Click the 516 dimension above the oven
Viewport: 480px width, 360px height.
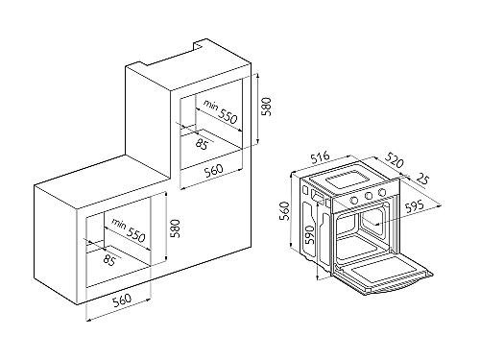click(x=319, y=158)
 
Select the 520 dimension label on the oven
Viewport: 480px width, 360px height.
click(x=394, y=160)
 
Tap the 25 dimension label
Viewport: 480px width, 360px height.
click(x=421, y=180)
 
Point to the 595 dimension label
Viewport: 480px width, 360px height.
click(x=414, y=207)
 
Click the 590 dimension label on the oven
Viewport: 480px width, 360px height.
click(x=309, y=234)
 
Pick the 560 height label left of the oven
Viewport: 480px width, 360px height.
click(x=284, y=211)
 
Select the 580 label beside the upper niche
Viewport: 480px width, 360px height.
click(x=266, y=107)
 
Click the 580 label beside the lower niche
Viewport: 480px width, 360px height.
click(x=175, y=228)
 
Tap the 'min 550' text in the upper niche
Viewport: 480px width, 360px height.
click(x=221, y=112)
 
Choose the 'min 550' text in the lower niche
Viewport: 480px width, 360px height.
click(x=129, y=230)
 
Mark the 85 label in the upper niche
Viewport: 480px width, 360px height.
click(x=202, y=144)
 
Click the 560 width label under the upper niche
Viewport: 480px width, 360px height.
click(x=213, y=169)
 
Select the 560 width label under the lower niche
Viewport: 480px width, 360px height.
click(x=122, y=300)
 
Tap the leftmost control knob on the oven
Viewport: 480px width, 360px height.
click(x=354, y=201)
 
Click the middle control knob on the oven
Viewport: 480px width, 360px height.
click(x=369, y=196)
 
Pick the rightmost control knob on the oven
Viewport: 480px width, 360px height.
click(x=382, y=192)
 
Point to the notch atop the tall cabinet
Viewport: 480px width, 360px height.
click(x=199, y=44)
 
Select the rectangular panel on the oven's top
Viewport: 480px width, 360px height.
click(x=347, y=180)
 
